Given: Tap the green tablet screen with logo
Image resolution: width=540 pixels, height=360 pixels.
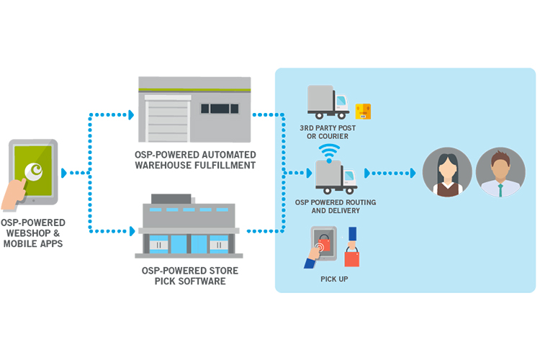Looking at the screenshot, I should pos(33,174).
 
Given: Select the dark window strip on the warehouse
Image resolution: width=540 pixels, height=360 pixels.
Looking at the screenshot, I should pos(219,109).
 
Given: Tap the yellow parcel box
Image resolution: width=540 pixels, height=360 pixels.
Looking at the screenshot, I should pos(363,111).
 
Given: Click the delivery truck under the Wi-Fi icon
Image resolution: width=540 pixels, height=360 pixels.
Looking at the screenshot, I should pos(336,178).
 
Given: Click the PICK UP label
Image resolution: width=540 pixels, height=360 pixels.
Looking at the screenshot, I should pos(334,278).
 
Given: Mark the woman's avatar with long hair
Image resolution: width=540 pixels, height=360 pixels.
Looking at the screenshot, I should pos(446,173).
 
